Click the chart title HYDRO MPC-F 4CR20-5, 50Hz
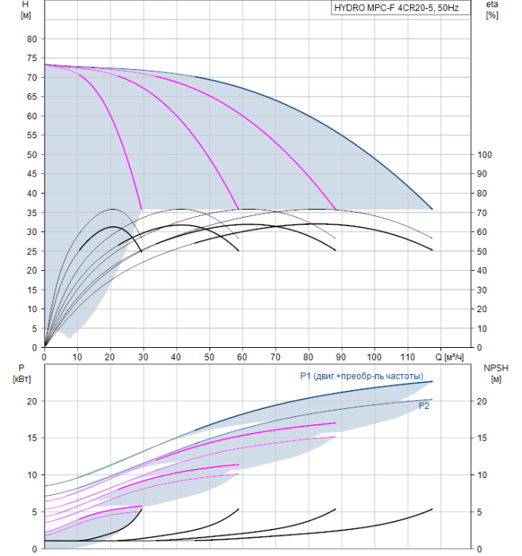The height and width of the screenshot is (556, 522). point(397,8)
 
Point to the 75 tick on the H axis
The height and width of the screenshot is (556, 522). point(32,58)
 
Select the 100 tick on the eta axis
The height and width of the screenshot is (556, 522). point(485,155)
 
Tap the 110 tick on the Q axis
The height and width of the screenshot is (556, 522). point(408,357)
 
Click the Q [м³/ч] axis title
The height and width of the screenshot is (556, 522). point(449,357)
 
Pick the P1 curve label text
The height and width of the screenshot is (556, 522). point(362,376)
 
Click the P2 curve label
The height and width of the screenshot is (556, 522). point(424,406)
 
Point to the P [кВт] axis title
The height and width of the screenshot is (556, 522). point(21,374)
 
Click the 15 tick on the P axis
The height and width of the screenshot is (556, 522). point(33,438)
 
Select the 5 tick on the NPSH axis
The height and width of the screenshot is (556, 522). point(479,512)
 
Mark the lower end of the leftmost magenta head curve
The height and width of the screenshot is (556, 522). point(142,210)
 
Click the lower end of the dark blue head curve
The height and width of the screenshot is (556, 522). point(432,209)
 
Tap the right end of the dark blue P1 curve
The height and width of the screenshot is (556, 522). point(432,381)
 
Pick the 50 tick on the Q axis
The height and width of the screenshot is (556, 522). point(209,357)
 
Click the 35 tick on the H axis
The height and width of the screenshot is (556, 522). point(32,213)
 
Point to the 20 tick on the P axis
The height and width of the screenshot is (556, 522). point(33,401)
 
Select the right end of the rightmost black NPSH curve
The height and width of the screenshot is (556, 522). point(432,509)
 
